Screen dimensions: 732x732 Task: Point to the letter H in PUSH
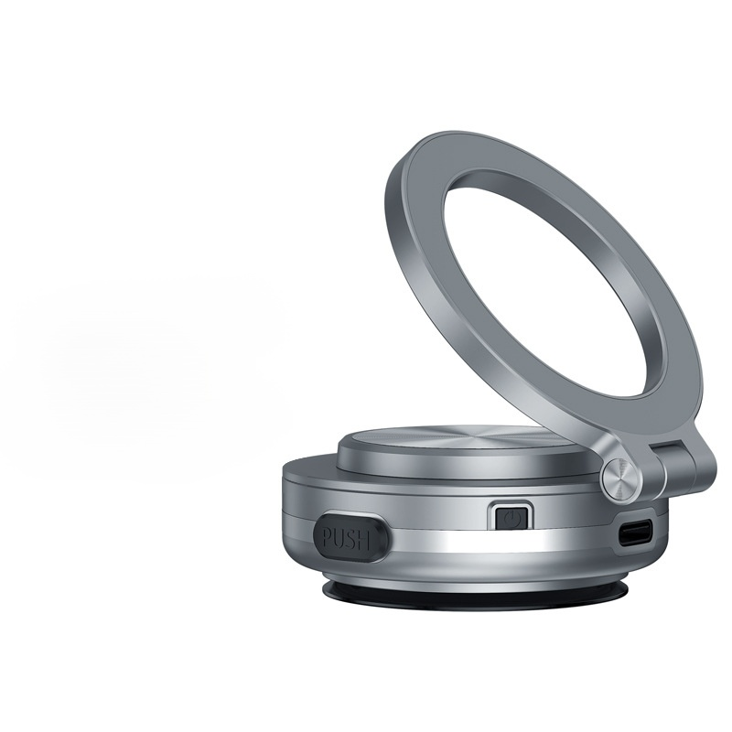click(x=364, y=541)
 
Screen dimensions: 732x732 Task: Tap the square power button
click(x=511, y=518)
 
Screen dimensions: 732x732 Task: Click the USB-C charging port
click(x=635, y=535)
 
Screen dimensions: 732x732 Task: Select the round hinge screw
click(x=622, y=477)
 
